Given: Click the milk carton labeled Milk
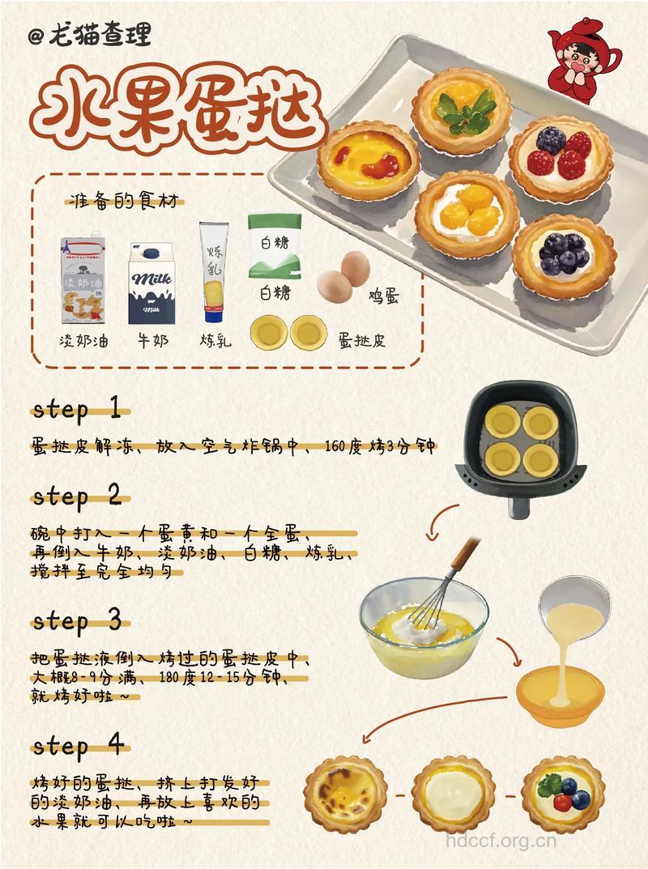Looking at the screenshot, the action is coord(151,283).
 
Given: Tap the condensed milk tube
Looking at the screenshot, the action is coord(214,271).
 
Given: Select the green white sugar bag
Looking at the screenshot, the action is coord(275,247).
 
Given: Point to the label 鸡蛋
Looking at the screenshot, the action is coord(384,297).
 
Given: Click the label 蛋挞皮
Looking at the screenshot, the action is coord(362,339).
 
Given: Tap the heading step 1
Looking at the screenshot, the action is coord(76,410).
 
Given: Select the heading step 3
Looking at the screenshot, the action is coord(76,620).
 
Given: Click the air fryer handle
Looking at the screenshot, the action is coord(519,505).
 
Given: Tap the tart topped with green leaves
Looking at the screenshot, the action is coord(463,110).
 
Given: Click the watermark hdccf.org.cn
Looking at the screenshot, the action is coord(501,841).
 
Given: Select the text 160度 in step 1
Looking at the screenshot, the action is coord(343,446).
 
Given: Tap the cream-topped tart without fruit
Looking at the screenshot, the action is coord(453,794).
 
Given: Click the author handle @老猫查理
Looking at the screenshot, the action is coord(90,36).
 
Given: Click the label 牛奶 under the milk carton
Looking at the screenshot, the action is coord(152,339).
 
